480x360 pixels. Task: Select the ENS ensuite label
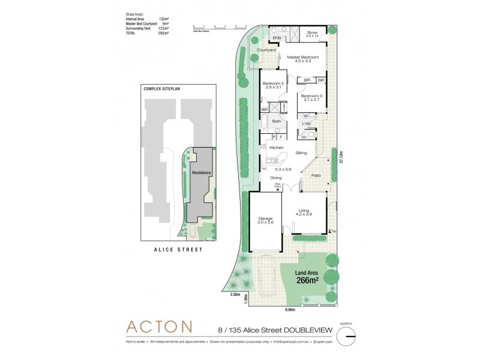coord(277,38)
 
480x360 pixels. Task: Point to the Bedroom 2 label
coord(274,85)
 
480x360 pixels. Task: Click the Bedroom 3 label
coord(312,98)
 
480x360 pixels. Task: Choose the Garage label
coord(266,220)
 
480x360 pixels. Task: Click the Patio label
coord(316,175)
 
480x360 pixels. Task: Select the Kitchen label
coord(276,148)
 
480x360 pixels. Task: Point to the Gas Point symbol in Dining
coord(278,190)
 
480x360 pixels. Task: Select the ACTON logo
coord(158,327)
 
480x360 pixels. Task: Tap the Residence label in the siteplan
coord(201,173)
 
